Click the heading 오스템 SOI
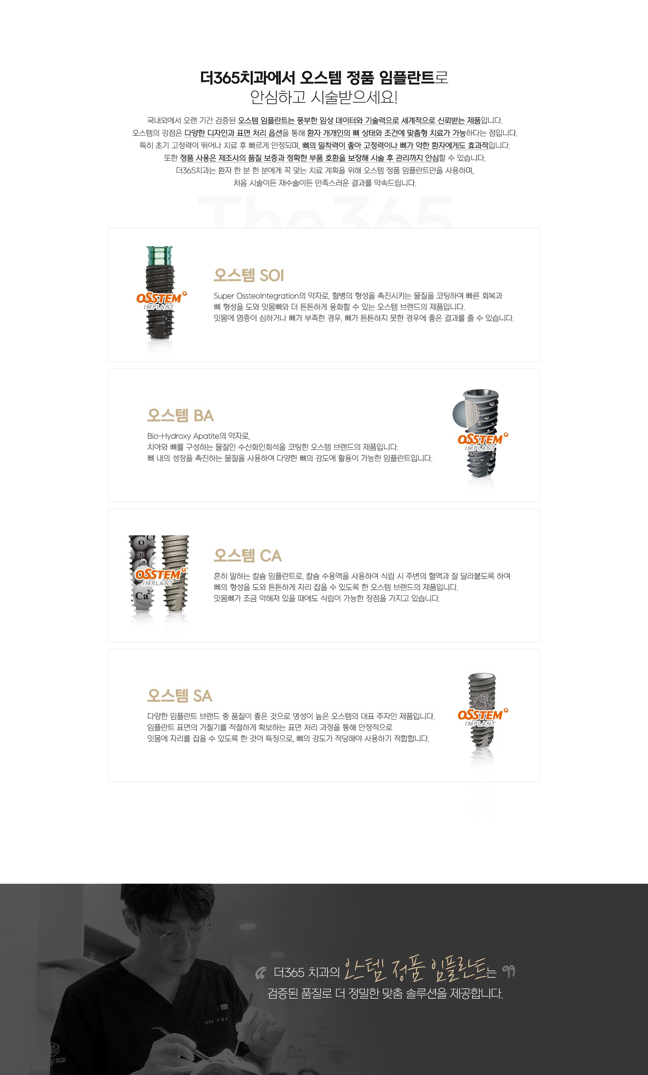click(248, 275)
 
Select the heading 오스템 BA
click(181, 415)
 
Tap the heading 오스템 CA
click(248, 555)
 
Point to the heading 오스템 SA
click(180, 695)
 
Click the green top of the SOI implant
click(160, 256)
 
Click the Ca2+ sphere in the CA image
click(143, 595)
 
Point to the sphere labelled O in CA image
click(141, 543)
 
